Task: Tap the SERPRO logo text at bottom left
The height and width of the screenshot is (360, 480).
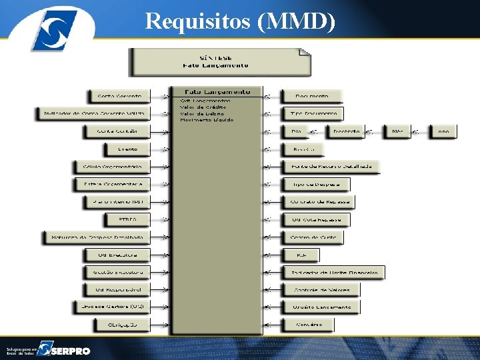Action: tap(72, 350)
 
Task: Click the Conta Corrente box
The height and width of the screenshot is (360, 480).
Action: tap(119, 97)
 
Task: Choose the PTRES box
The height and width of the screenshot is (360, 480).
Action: tap(126, 219)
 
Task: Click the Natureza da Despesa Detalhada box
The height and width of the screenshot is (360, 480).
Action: tap(97, 237)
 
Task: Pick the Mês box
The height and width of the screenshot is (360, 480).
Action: tap(398, 131)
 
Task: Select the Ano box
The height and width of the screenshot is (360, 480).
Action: tap(443, 131)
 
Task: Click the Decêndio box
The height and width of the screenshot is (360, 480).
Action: tap(346, 131)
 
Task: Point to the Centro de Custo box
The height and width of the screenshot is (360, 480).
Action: tap(313, 237)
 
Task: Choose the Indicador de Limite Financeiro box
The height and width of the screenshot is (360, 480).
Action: tap(334, 272)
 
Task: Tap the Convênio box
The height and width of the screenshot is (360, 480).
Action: tap(307, 325)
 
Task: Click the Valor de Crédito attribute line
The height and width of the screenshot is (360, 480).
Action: tap(203, 107)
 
